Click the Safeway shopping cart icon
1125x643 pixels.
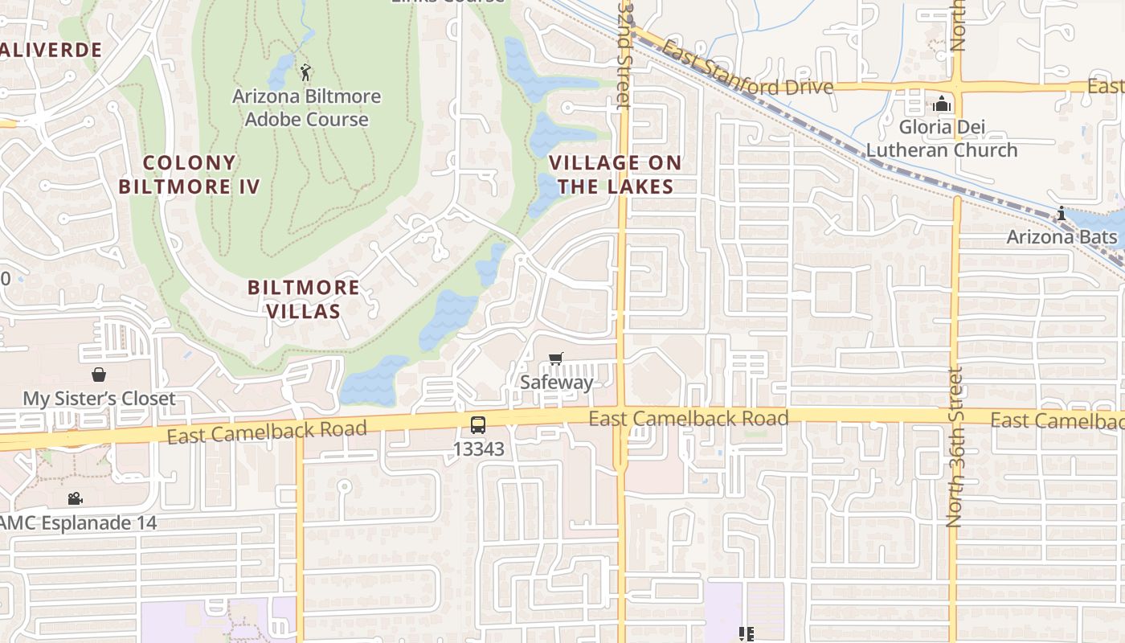[x=555, y=358]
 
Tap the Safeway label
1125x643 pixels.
[x=556, y=383]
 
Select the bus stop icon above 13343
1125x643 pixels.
[x=478, y=424]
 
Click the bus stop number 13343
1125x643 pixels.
[x=479, y=449]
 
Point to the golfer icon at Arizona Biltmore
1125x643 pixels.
[x=305, y=73]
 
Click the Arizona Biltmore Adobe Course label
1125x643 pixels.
[x=306, y=108]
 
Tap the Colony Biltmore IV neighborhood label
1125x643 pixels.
[x=190, y=175]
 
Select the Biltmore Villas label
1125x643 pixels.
[x=304, y=299]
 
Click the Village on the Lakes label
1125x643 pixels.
[x=616, y=174]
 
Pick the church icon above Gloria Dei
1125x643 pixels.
[x=941, y=104]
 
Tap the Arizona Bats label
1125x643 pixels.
[x=1062, y=237]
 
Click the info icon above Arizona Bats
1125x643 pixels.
[x=1062, y=214]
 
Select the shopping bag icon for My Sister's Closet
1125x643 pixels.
[x=99, y=375]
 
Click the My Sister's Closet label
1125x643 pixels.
[x=99, y=399]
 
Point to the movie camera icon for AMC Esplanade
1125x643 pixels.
[x=75, y=499]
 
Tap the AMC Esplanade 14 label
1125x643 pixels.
[x=78, y=523]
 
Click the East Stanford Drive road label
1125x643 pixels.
[x=747, y=76]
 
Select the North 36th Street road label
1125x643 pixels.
[x=955, y=447]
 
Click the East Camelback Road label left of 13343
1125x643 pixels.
[x=267, y=432]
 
